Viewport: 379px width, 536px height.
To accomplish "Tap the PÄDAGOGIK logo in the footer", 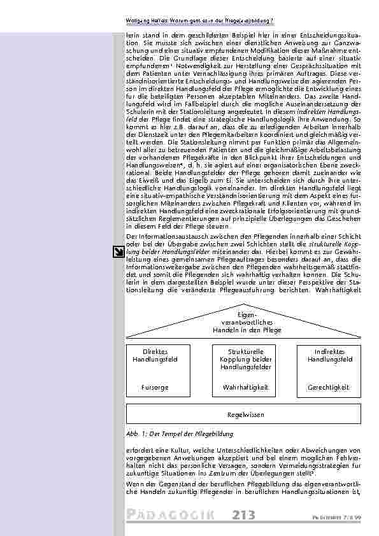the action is (173, 515).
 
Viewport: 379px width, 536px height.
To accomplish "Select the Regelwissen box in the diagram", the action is (245, 414).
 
